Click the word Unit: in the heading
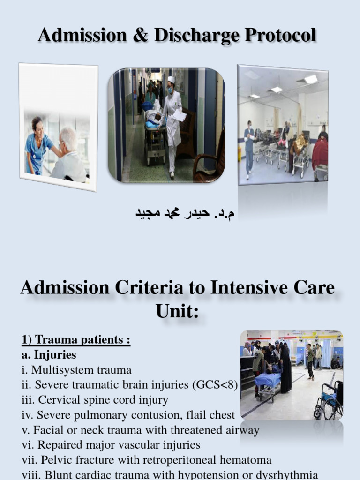pyautogui.click(x=177, y=311)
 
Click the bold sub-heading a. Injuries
pyautogui.click(x=49, y=355)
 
